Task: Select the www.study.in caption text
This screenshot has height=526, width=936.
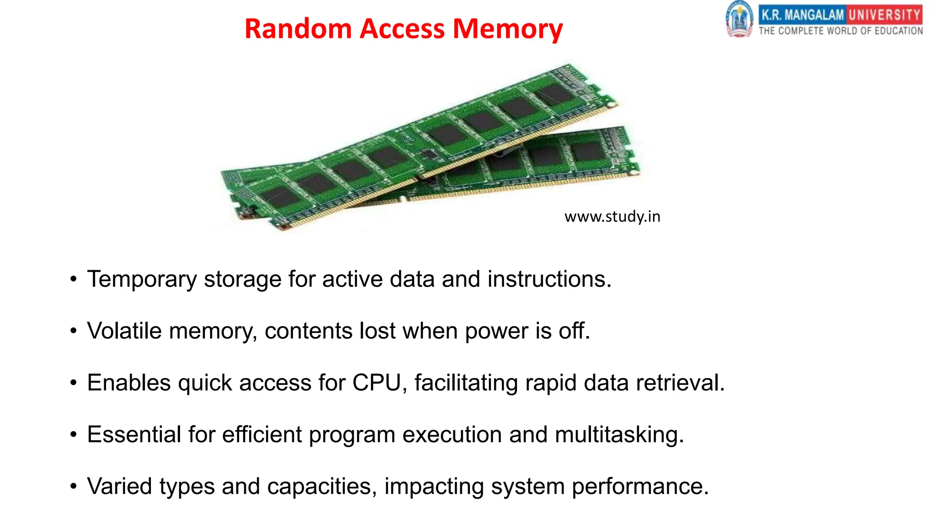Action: coord(612,216)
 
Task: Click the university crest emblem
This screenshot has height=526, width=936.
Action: coord(739,20)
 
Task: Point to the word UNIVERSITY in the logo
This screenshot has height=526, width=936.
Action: coord(885,15)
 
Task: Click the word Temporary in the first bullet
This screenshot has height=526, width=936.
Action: coord(142,279)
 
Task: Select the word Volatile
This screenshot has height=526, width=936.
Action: coord(124,331)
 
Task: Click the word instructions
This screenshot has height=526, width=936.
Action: coord(549,279)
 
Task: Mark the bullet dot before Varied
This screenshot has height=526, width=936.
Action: coord(74,486)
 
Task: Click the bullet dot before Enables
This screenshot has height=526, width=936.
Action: coord(74,383)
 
